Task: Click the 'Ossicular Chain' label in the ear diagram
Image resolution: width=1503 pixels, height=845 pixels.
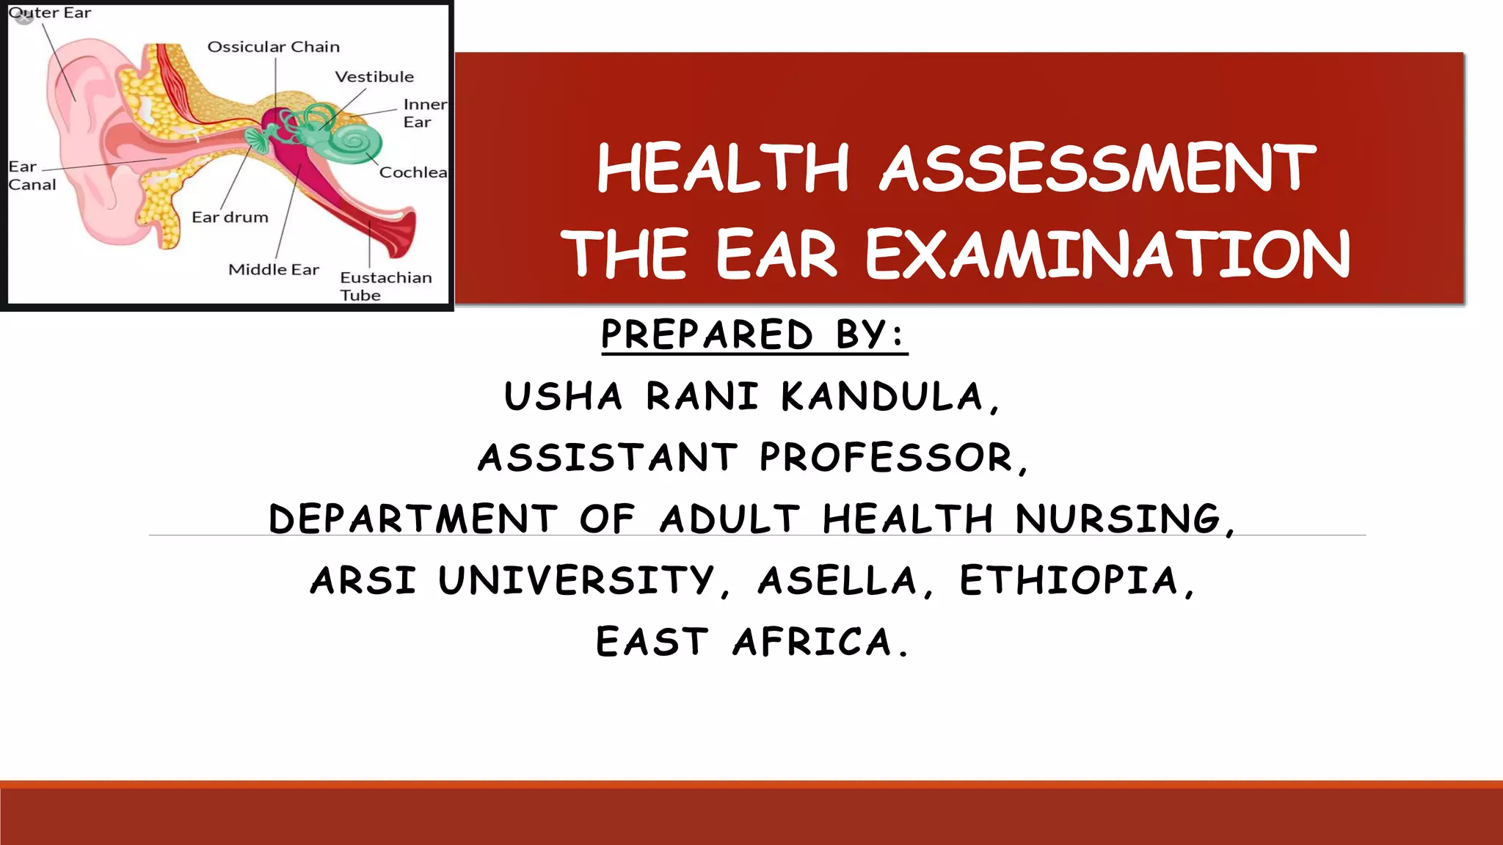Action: tap(274, 47)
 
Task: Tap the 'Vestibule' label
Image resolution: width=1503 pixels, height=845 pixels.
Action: tap(374, 77)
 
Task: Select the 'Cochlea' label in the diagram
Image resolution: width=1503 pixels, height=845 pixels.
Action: tap(412, 172)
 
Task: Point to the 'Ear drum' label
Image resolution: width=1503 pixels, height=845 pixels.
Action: tap(230, 217)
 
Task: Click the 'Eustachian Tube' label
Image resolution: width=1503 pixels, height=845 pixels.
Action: tap(385, 286)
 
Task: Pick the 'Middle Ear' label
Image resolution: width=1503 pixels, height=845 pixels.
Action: tap(274, 270)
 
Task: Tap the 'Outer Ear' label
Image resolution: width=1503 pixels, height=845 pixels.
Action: tap(50, 13)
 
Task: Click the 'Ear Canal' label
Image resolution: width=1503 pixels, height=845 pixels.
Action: tap(32, 176)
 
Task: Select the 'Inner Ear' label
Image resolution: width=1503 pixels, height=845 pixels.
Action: tap(424, 114)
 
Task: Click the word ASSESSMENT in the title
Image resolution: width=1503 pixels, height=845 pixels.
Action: tap(1097, 169)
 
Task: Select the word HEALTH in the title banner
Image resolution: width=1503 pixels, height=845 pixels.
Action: tap(723, 169)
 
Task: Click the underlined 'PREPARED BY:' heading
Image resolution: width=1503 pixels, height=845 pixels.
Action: tap(754, 334)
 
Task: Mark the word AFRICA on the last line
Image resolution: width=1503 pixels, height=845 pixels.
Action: tap(819, 642)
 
